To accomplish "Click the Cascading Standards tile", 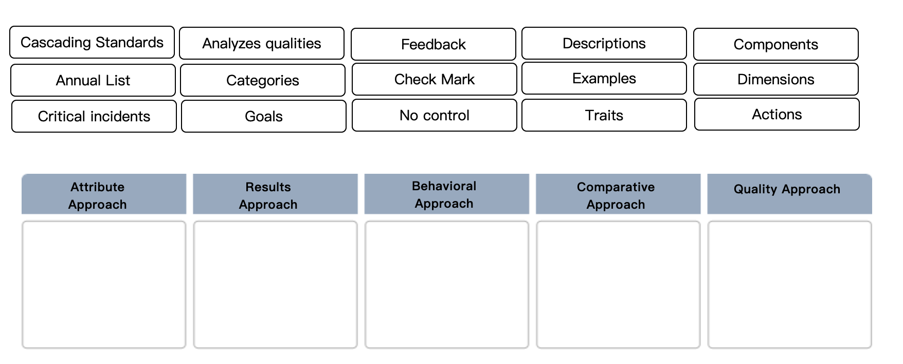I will point(92,42).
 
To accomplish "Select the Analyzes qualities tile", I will point(262,43).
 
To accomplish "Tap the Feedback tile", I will point(434,44).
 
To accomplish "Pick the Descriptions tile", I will point(604,43).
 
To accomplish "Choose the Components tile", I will point(776,44).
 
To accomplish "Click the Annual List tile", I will point(93,80).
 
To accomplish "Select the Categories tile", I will point(263,80).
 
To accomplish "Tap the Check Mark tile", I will point(435,79).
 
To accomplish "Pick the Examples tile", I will point(604,78).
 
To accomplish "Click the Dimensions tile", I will point(776,79).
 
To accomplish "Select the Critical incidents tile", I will point(94,116).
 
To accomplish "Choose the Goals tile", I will point(264,116).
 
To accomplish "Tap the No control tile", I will point(435,115).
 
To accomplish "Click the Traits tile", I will point(604,115).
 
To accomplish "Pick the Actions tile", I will point(777,114).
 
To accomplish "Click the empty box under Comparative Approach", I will point(618,284).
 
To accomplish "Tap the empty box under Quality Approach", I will point(789,284).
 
